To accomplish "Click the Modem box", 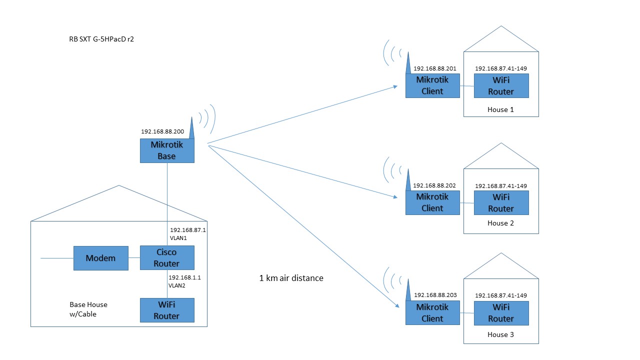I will pos(100,258).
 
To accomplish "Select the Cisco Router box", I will pos(166,258).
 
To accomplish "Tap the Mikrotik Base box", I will pos(166,150).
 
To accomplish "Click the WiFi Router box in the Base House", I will pos(166,310).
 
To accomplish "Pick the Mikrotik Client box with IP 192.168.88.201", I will pos(432,85).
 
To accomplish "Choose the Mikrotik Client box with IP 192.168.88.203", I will pos(432,313).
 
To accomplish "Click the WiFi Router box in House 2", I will pos(501,202).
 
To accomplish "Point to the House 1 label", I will pos(500,109).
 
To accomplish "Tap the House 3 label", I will pos(500,334).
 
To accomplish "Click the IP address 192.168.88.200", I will pos(162,132).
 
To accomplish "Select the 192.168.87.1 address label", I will pos(188,229).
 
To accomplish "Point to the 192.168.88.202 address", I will pos(434,185).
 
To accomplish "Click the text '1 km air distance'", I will pos(291,278).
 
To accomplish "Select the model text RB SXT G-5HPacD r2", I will pos(101,38).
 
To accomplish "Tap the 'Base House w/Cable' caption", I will pos(88,309).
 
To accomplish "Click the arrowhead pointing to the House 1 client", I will pos(395,86).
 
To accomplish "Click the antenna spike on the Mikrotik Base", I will pos(192,128).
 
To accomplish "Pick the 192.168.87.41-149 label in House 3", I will pos(500,295).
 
